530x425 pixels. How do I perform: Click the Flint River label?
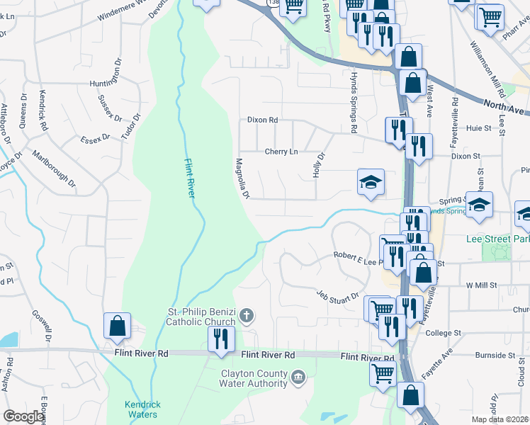pyautogui.click(x=189, y=180)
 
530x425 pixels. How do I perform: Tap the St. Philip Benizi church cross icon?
pyautogui.click(x=246, y=315)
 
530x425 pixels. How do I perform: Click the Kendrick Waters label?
pyautogui.click(x=142, y=409)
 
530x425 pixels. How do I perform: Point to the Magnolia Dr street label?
pyautogui.click(x=243, y=178)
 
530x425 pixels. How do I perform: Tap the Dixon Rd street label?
pyautogui.click(x=261, y=120)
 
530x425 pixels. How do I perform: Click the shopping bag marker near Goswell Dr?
pyautogui.click(x=117, y=326)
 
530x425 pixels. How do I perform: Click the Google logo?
pyautogui.click(x=23, y=416)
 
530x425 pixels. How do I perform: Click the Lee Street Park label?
pyautogui.click(x=498, y=239)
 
